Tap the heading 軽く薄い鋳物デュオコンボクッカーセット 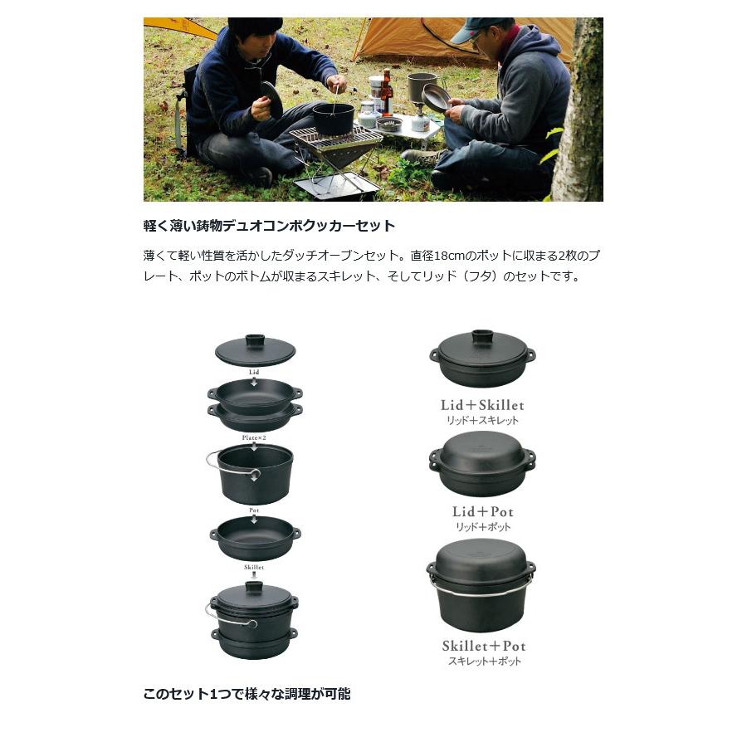pos(269,226)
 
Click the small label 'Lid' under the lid pos(254,373)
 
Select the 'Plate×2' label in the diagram pos(254,437)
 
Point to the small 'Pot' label pos(254,510)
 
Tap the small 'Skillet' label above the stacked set pos(254,567)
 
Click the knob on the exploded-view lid pos(254,339)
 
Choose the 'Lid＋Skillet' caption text pos(482,405)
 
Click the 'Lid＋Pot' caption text pos(482,511)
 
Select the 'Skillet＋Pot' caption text pos(484,646)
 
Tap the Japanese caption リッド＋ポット pos(482,527)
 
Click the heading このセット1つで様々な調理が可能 pos(247,694)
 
